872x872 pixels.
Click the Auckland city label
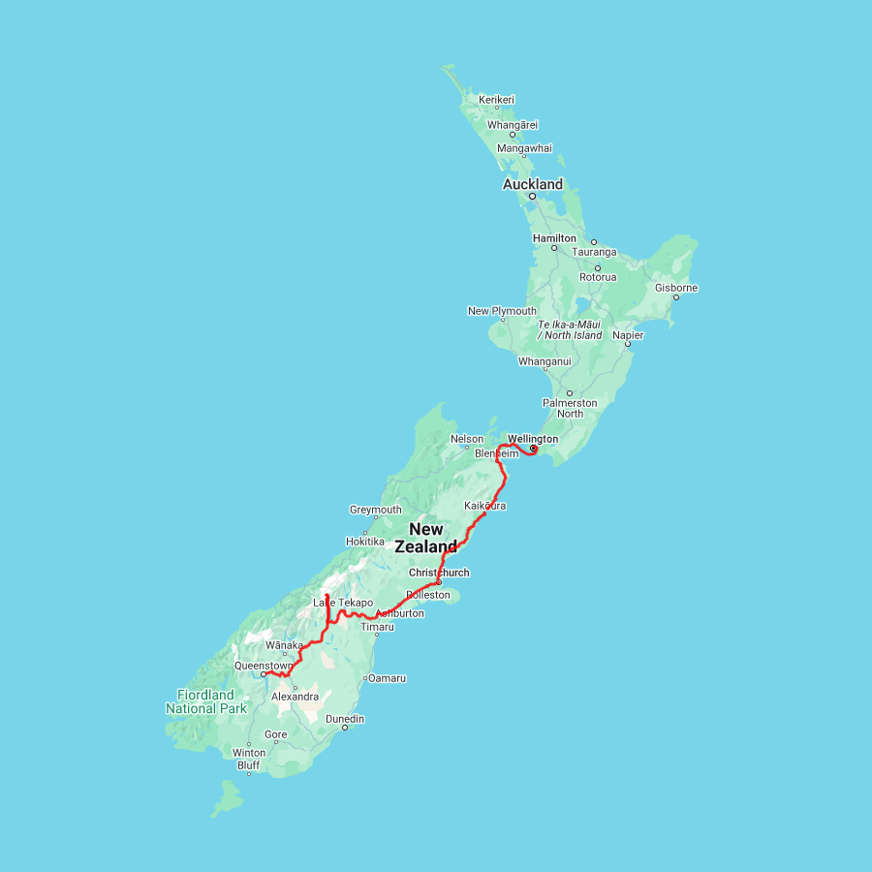coord(532,184)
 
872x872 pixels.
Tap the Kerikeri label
coord(496,100)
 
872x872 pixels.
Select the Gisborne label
coord(676,288)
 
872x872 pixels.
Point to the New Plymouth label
coord(502,311)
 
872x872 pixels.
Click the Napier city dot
coord(628,344)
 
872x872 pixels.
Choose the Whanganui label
coord(545,361)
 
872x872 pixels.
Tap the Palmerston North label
coord(570,408)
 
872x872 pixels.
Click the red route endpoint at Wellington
coord(533,448)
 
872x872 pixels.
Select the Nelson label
coord(467,439)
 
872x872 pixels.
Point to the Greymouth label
coord(375,510)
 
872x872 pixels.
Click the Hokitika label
coord(365,542)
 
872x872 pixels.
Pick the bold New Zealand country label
coord(426,538)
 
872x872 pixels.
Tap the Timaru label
coord(378,627)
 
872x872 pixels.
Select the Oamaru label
coord(387,678)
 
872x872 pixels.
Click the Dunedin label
coord(345,719)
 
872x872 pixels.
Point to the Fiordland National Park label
coord(205,701)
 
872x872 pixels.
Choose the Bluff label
coord(249,764)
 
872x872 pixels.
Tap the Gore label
coord(276,734)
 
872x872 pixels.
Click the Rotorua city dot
coord(598,267)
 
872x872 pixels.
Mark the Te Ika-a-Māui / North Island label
coord(570,329)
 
